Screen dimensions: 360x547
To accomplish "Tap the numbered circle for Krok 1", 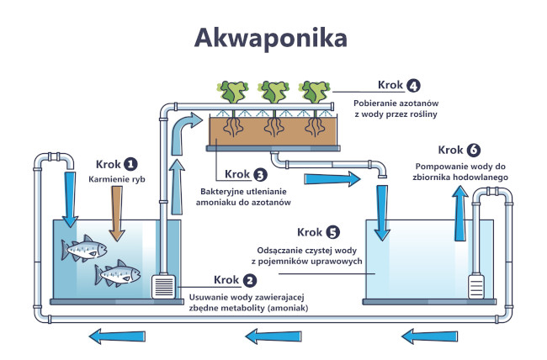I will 130,163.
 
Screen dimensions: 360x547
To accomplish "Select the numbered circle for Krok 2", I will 250,280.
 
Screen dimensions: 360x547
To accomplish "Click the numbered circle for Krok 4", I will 413,86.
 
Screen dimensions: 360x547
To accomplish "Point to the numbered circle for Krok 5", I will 334,231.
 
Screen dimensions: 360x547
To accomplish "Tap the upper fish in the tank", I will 84,248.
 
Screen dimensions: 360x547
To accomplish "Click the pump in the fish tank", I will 163,286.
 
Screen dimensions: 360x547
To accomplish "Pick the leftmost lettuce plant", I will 228,92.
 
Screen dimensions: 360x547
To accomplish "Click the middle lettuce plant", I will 272,92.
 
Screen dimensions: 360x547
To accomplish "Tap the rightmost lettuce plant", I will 316,92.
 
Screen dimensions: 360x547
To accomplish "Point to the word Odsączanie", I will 284,251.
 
